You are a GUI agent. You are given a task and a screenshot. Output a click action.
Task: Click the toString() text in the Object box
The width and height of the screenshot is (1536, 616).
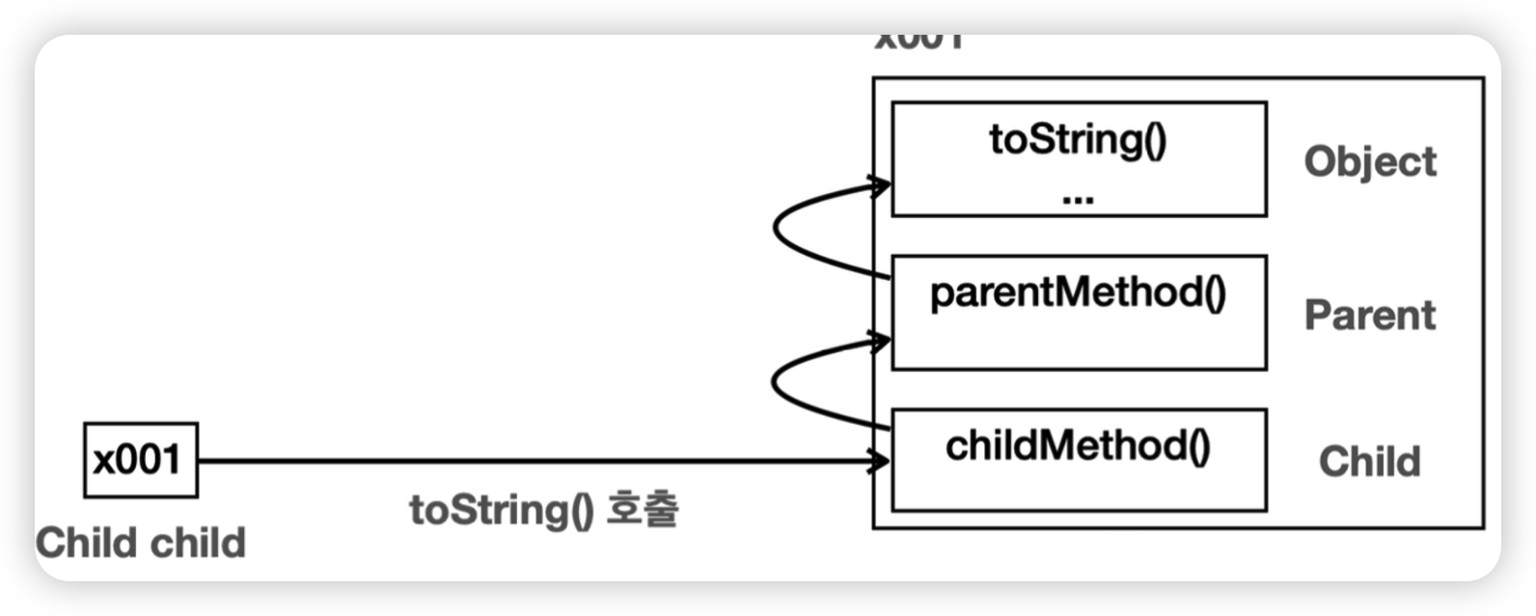[x=1078, y=140]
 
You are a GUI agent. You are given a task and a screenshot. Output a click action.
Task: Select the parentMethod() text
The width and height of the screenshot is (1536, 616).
[x=1078, y=293]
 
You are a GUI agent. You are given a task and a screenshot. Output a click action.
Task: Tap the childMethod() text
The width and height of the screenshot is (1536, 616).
[x=1078, y=446]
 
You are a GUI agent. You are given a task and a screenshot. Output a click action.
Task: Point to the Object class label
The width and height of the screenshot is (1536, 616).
[x=1370, y=161]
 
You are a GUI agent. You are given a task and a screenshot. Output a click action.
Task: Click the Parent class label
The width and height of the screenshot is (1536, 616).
[x=1370, y=315]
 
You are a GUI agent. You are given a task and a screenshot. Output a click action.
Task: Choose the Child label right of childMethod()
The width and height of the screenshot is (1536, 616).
[x=1369, y=462]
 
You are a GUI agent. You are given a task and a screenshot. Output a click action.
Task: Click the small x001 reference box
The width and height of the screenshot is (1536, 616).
[x=141, y=460]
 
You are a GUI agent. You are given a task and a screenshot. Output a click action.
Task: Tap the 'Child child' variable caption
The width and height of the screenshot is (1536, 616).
[x=141, y=543]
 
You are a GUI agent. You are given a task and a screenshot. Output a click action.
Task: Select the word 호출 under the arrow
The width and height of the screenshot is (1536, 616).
[x=642, y=509]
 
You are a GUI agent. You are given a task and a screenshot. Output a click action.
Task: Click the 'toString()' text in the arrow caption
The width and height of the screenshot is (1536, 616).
[x=502, y=510]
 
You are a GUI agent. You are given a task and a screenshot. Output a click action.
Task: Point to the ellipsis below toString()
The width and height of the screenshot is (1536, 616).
[x=1077, y=198]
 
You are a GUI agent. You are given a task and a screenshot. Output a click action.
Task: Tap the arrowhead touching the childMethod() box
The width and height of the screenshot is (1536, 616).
[x=880, y=461]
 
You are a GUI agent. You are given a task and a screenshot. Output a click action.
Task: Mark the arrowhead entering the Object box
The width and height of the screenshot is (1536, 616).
[x=880, y=185]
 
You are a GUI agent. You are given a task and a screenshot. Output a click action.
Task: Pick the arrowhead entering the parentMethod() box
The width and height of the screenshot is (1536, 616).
[x=880, y=340]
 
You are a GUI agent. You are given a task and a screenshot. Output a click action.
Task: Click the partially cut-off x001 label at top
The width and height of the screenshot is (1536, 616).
[x=919, y=42]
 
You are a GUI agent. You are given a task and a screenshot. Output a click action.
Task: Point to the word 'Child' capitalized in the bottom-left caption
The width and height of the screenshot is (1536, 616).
[x=83, y=543]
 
